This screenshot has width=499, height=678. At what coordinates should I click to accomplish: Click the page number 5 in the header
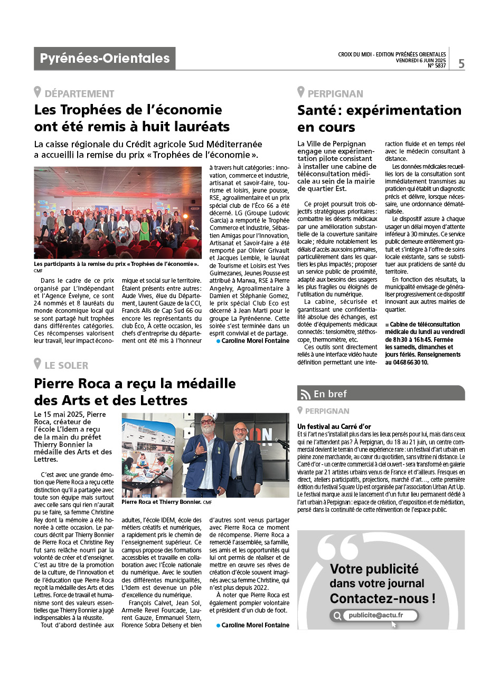(462, 64)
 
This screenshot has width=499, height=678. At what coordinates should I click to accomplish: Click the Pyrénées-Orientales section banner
(105, 59)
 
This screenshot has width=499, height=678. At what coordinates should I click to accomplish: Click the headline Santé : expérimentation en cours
(379, 119)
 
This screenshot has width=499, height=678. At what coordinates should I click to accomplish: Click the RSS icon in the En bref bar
(306, 394)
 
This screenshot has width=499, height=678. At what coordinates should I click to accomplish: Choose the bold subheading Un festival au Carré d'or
(334, 426)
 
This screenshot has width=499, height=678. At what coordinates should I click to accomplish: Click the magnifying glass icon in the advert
(337, 616)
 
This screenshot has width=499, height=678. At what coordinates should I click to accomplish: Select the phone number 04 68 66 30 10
(407, 362)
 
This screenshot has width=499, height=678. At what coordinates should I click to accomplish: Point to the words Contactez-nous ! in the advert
(383, 599)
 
